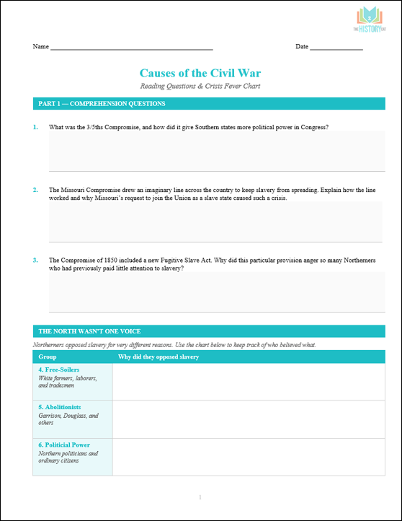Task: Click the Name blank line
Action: coord(131,48)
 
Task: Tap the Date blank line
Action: coord(336,48)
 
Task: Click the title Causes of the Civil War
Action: coord(200,73)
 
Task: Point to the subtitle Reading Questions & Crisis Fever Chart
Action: coord(200,87)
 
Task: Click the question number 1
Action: coord(35,127)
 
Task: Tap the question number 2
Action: coord(35,190)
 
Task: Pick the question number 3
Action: coord(35,260)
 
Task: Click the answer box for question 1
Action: coord(216,151)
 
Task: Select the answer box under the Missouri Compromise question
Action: coord(216,222)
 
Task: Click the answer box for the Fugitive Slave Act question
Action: coord(216,292)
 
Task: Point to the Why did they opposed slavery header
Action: coord(158,356)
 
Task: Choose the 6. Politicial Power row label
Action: coord(64,445)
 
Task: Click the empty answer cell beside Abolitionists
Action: coord(249,419)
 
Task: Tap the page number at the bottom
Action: coord(200,498)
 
